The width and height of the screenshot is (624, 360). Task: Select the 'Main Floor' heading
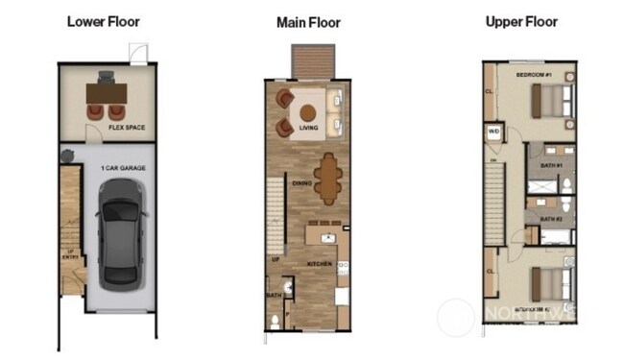click(x=308, y=22)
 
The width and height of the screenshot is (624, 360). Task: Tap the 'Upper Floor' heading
click(x=521, y=21)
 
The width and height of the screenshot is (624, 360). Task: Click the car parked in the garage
click(x=121, y=236)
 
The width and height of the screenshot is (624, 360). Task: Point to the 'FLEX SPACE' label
click(x=128, y=127)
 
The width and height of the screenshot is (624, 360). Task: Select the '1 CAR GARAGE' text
click(x=122, y=168)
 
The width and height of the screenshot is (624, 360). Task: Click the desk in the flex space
click(x=106, y=92)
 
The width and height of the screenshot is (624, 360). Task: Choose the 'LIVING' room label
click(x=308, y=126)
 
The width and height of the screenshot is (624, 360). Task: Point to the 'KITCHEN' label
click(x=319, y=261)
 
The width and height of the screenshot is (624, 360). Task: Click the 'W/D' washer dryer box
click(x=494, y=132)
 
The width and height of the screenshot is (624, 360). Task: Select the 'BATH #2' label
click(x=551, y=219)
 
